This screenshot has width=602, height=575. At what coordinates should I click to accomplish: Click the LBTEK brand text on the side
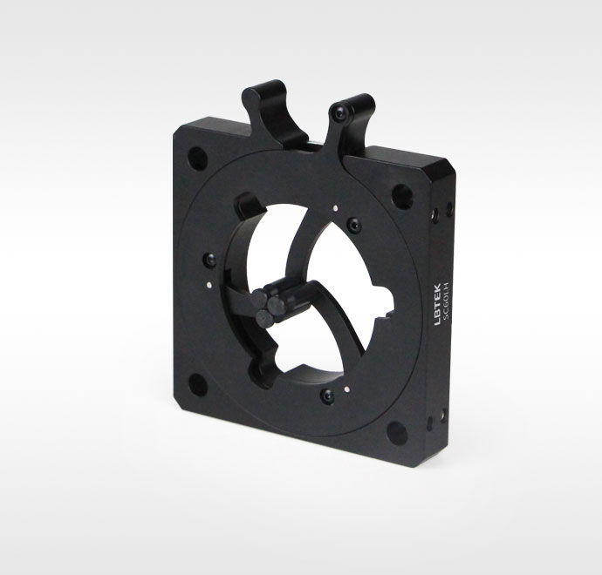pos(437,304)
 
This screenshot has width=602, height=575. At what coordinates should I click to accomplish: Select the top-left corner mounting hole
pos(198,159)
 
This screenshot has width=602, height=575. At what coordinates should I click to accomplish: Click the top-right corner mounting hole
pos(402,197)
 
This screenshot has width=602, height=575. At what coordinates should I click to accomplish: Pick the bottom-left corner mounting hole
pos(198,384)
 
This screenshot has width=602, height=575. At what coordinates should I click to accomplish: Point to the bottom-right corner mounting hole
pos(397,433)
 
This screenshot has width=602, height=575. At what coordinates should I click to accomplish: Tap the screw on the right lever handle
pos(340,112)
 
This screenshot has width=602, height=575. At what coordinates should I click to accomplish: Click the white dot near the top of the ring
pos(336,208)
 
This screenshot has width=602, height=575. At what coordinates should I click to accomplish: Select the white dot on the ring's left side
pos(209,285)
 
